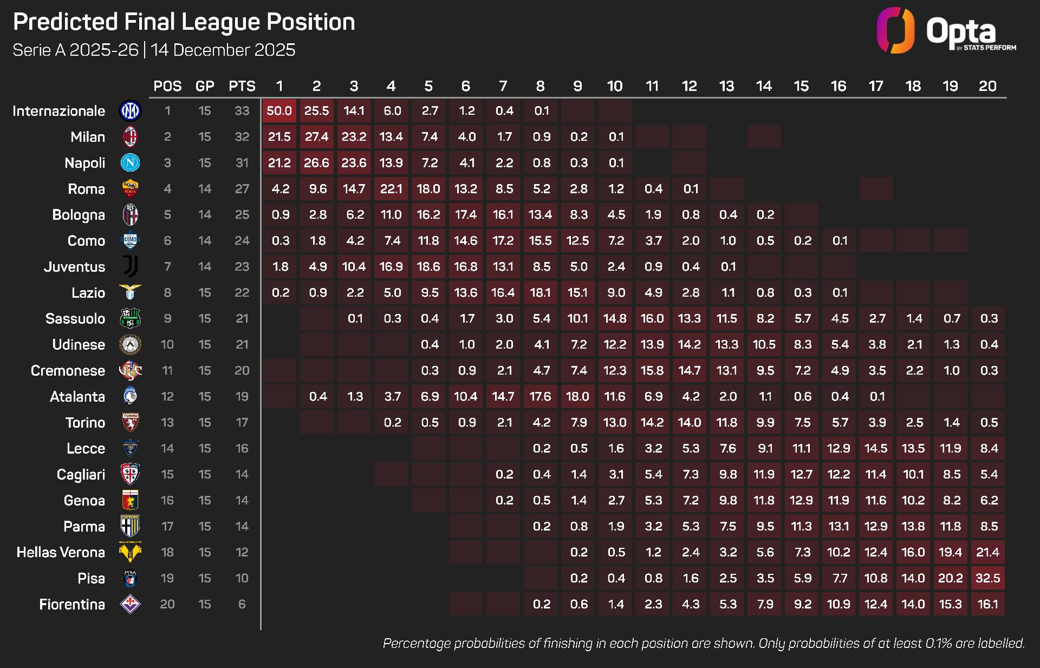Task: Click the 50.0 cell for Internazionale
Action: click(279, 111)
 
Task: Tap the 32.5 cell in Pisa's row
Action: click(987, 578)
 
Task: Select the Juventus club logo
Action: click(130, 267)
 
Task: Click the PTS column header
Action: click(242, 86)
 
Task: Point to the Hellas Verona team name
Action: click(61, 552)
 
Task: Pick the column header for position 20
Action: click(987, 86)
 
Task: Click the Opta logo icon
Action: click(896, 30)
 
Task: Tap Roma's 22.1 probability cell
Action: click(391, 189)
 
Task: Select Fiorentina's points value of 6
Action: click(242, 604)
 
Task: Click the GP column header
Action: click(205, 86)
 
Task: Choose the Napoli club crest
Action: click(130, 163)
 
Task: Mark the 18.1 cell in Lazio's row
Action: click(540, 293)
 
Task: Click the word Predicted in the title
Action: click(65, 22)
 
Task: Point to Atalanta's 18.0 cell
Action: click(577, 397)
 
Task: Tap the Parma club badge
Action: click(130, 526)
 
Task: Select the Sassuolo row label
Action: click(75, 319)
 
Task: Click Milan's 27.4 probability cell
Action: click(316, 137)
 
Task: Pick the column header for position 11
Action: click(652, 86)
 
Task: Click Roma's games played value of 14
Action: click(205, 189)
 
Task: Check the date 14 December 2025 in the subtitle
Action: click(223, 50)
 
